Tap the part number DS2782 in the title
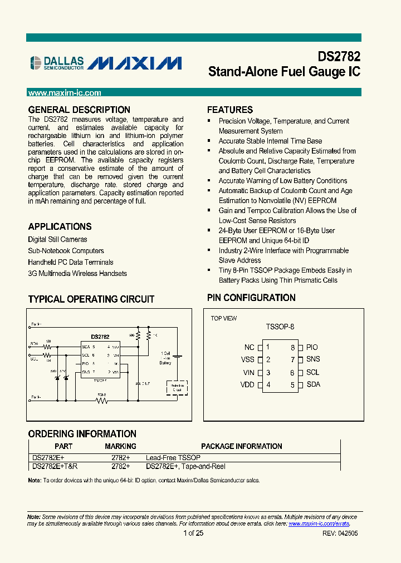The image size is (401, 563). pyautogui.click(x=339, y=57)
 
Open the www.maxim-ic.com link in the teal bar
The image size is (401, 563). pyautogui.click(x=64, y=93)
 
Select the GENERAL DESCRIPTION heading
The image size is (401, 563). pyautogui.click(x=79, y=110)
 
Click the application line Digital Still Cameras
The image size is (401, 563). pyautogui.click(x=57, y=239)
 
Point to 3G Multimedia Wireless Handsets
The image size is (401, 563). pyautogui.click(x=77, y=273)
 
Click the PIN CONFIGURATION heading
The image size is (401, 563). pyautogui.click(x=251, y=298)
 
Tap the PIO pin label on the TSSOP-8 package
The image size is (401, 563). pyautogui.click(x=312, y=347)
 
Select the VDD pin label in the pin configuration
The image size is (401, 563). pyautogui.click(x=248, y=384)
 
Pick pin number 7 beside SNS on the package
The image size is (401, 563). pyautogui.click(x=292, y=359)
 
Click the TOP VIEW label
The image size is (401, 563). pyautogui.click(x=223, y=318)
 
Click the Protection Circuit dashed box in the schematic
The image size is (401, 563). pyautogui.click(x=177, y=387)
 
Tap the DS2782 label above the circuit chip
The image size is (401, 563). pyautogui.click(x=100, y=337)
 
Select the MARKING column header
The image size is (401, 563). pyautogui.click(x=120, y=446)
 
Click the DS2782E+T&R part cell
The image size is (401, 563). pyautogui.click(x=55, y=466)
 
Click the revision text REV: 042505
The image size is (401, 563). pyautogui.click(x=340, y=533)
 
